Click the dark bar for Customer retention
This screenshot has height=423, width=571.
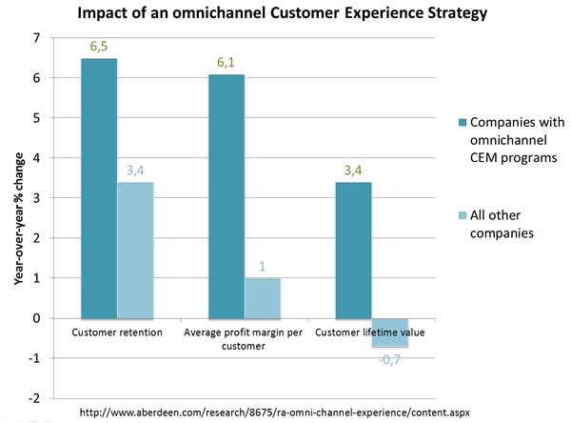tap(99, 187)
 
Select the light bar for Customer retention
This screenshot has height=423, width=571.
tap(135, 250)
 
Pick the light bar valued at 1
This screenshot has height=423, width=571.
tap(263, 297)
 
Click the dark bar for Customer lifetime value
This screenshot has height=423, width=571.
tap(353, 250)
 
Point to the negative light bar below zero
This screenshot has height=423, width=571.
tap(389, 332)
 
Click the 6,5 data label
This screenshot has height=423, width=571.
tap(99, 46)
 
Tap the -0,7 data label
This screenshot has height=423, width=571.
tap(389, 359)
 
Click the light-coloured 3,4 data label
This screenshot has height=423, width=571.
tap(135, 170)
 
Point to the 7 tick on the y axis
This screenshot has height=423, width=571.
tap(37, 38)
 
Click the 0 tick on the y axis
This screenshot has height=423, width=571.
tap(37, 318)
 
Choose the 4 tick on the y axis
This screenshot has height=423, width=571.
tap(37, 158)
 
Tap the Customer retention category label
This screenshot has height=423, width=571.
tap(117, 332)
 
